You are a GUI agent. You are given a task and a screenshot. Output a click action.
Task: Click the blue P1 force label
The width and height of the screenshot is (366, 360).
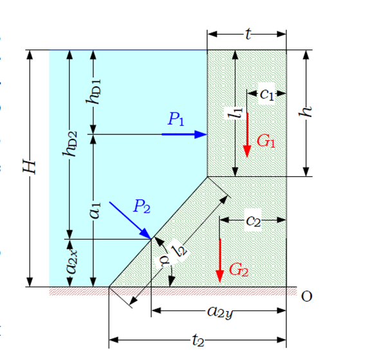click(x=176, y=119)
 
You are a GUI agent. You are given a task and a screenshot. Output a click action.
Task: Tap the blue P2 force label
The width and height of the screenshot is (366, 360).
click(x=142, y=206)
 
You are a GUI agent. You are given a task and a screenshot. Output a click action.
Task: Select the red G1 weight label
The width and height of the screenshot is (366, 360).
click(x=266, y=141)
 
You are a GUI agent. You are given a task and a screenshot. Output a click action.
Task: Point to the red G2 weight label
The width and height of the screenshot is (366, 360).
click(x=239, y=270)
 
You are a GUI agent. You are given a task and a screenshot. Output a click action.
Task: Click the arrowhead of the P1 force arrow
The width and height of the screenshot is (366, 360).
click(x=201, y=134)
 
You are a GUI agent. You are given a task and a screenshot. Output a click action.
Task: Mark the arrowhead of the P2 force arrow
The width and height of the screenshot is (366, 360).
click(x=145, y=234)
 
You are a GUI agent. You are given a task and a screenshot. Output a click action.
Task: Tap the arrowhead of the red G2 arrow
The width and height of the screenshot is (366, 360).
click(x=220, y=276)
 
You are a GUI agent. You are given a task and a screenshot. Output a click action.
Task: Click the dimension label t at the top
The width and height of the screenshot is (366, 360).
click(x=248, y=34)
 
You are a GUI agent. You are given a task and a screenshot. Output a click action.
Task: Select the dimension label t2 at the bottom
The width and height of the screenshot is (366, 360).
click(x=198, y=341)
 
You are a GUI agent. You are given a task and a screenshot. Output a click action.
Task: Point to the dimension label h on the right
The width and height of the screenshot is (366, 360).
click(x=306, y=111)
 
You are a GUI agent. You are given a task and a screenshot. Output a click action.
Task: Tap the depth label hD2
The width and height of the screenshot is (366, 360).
click(x=70, y=144)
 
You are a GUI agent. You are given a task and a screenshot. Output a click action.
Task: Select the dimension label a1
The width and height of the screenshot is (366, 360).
click(x=95, y=210)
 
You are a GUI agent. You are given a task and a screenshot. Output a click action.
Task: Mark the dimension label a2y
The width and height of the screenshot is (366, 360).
click(x=220, y=312)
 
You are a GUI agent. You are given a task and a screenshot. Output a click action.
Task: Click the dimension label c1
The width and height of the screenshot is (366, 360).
click(x=267, y=94)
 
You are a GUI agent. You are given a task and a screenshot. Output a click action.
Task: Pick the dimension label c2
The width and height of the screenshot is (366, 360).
click(x=253, y=221)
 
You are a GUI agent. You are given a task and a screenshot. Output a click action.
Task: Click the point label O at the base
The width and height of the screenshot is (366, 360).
click(x=306, y=296)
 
